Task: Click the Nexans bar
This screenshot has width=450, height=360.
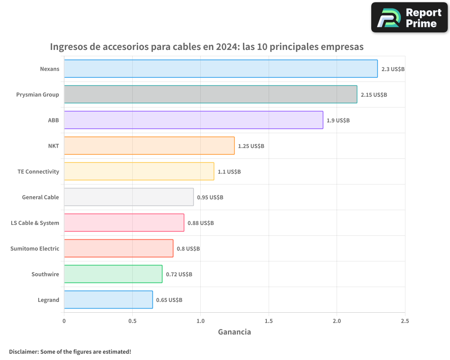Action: [220, 69]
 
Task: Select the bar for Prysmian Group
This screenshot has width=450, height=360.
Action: [210, 94]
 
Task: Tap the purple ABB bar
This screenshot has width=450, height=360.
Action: [193, 120]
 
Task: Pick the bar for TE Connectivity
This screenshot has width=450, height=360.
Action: [139, 171]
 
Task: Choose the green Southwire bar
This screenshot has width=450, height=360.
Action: [113, 274]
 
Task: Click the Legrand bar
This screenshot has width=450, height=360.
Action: [108, 300]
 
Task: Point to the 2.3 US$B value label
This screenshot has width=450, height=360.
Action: [393, 69]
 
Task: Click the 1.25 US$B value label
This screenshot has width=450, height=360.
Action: [251, 146]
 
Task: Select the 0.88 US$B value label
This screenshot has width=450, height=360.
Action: [201, 223]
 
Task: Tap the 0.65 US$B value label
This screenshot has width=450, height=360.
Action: [169, 300]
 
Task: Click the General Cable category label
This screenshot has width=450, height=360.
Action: [40, 198]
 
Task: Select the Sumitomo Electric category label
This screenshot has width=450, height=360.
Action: [35, 249]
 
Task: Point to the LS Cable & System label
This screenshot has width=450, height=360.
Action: [35, 223]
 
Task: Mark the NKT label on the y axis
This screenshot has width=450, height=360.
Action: [54, 146]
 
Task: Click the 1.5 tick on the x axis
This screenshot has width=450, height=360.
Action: [269, 321]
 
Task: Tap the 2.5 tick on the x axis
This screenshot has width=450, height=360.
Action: [405, 321]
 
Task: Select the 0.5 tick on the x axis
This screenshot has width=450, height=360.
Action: [132, 321]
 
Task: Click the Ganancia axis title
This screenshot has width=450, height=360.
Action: [234, 332]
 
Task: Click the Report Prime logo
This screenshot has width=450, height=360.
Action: [409, 18]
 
